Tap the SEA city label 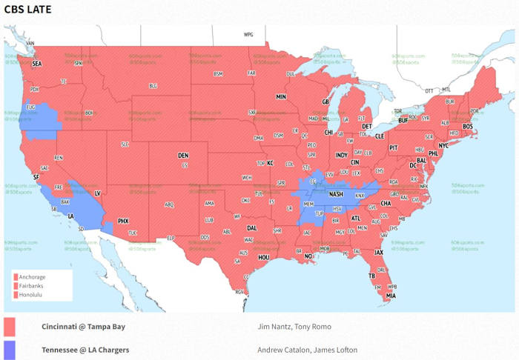click(37, 64)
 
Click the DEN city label click(183, 156)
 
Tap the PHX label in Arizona click(124, 221)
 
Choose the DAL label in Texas click(252, 228)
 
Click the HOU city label click(263, 257)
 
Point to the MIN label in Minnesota click(281, 97)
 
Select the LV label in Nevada click(97, 193)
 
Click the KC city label click(270, 163)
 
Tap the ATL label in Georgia click(356, 219)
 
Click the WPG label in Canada click(248, 35)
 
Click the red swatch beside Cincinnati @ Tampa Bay click(10, 327)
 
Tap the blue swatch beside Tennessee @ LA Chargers click(10, 350)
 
